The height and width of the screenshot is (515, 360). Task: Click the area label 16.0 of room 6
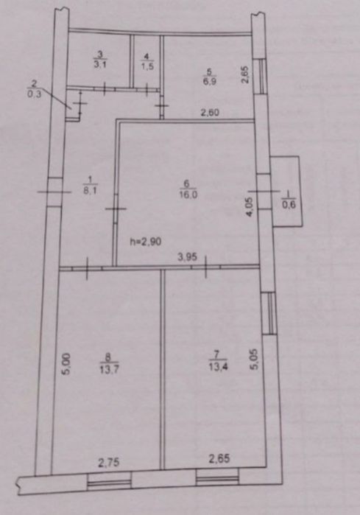pyautogui.click(x=188, y=195)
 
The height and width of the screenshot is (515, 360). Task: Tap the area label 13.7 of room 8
pyautogui.click(x=109, y=370)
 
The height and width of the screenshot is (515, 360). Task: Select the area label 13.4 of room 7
pyautogui.click(x=218, y=367)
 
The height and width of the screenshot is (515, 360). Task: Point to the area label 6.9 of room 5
pyautogui.click(x=210, y=82)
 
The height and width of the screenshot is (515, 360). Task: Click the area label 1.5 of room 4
pyautogui.click(x=147, y=66)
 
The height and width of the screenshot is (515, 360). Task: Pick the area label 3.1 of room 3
pyautogui.click(x=100, y=64)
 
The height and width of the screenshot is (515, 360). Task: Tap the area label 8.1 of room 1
pyautogui.click(x=90, y=191)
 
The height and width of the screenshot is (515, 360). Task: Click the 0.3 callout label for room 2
pyautogui.click(x=35, y=95)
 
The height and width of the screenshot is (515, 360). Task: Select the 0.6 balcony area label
pyautogui.click(x=289, y=205)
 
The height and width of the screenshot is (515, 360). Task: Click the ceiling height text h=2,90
pyautogui.click(x=146, y=242)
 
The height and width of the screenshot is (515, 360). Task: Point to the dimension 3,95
pyautogui.click(x=188, y=256)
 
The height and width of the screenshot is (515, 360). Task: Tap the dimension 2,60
pyautogui.click(x=210, y=113)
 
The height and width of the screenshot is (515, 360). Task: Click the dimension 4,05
pyautogui.click(x=249, y=206)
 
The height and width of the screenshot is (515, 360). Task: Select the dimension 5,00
pyautogui.click(x=66, y=364)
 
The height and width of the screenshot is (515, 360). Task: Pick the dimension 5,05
pyautogui.click(x=254, y=360)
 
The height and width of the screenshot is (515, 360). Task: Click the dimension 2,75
pyautogui.click(x=109, y=463)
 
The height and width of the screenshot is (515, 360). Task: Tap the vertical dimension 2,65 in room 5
pyautogui.click(x=245, y=75)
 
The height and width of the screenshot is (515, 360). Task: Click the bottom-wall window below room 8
pyautogui.click(x=109, y=482)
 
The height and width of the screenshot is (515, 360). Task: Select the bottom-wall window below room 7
pyautogui.click(x=217, y=478)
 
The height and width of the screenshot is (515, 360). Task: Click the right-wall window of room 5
pyautogui.click(x=261, y=77)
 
